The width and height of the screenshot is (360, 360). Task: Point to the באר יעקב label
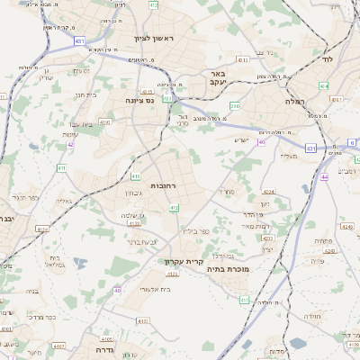pyautogui.click(x=215, y=78)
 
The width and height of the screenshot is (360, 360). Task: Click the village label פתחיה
pyautogui.click(x=323, y=240)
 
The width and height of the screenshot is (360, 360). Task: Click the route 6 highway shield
pyautogui.click(x=352, y=142)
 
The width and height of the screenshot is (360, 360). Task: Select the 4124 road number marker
pyautogui.click(x=42, y=228)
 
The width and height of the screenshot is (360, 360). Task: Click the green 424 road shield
pyautogui.click(x=324, y=85)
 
